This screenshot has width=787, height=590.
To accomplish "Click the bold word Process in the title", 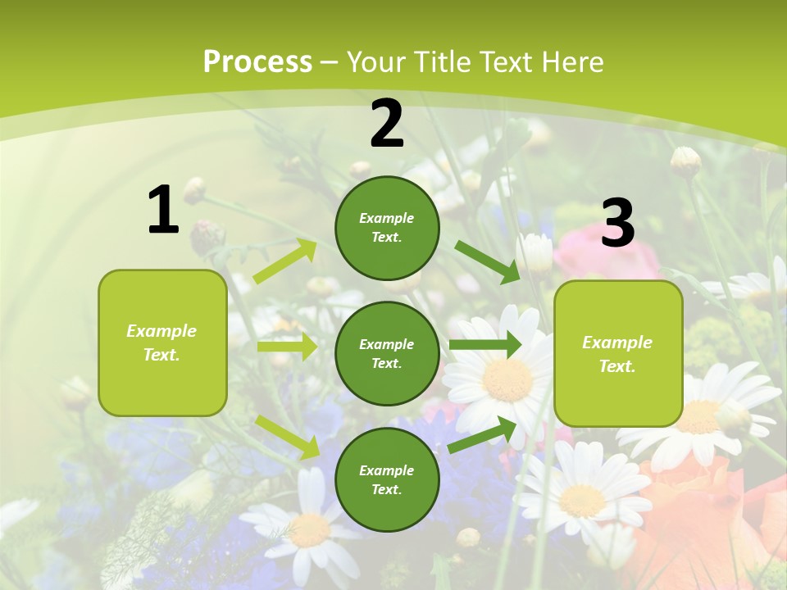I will [257, 62].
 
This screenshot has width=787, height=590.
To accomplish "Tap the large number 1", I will [163, 210].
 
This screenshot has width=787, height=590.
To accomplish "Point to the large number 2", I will [387, 124].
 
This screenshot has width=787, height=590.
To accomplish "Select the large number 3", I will [617, 223].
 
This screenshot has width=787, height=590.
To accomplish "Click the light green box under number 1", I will [162, 343].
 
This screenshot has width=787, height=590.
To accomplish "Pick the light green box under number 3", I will [618, 353].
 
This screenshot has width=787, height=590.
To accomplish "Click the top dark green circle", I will [387, 228].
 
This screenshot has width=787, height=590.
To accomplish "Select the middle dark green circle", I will [387, 353].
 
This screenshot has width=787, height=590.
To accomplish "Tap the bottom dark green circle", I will [387, 479].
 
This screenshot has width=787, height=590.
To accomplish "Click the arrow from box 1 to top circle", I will [285, 261].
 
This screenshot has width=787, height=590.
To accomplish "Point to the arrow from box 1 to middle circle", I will [286, 347].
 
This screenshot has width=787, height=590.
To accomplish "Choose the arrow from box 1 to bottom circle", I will [287, 436].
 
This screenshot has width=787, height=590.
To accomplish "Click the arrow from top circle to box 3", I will [488, 261].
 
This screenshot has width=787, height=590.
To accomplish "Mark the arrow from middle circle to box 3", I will [485, 344].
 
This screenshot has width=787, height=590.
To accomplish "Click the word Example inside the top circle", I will [387, 218].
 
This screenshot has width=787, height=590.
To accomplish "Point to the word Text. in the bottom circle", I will [387, 489].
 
